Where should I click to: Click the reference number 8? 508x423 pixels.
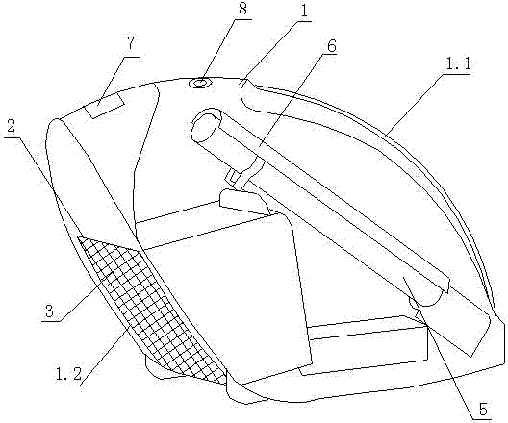(x=242, y=9)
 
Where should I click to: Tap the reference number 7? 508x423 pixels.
(x=130, y=43)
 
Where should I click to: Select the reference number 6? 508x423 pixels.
(x=331, y=46)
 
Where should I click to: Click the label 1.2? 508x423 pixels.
(x=68, y=374)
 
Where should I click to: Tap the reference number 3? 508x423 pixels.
(x=49, y=311)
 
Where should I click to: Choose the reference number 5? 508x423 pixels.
(x=483, y=410)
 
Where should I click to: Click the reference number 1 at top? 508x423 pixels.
(x=304, y=12)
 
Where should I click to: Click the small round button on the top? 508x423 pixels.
(x=200, y=83)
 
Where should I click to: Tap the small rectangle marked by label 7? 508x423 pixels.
(x=104, y=105)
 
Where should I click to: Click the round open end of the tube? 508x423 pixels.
(x=205, y=128)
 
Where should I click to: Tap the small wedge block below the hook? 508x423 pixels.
(x=244, y=202)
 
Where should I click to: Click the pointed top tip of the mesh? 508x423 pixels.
(x=77, y=236)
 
